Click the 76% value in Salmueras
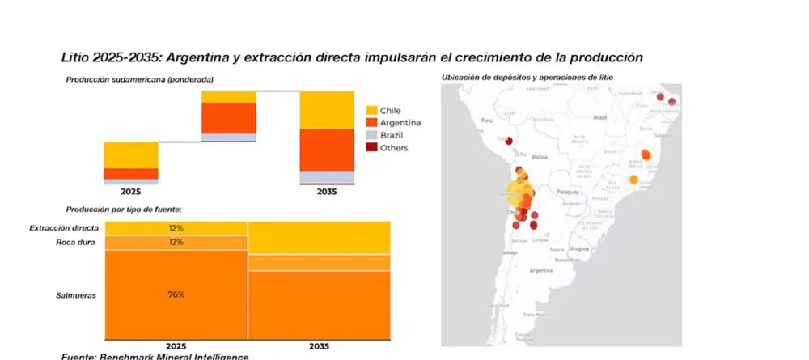176,294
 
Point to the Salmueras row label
76,295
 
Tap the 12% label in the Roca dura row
176,243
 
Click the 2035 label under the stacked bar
327,193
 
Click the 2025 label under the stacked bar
131,193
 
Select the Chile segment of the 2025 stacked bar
131,155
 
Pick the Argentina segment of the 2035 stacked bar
327,150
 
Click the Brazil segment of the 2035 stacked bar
327,177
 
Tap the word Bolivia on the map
540,157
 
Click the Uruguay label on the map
578,248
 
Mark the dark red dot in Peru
510,139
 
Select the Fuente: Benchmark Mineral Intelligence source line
155,356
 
